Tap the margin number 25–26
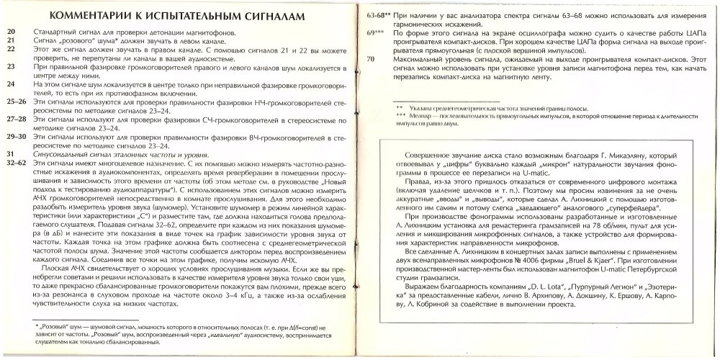[x=17, y=102]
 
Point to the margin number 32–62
[x=17, y=163]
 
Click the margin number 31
[x=11, y=155]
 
